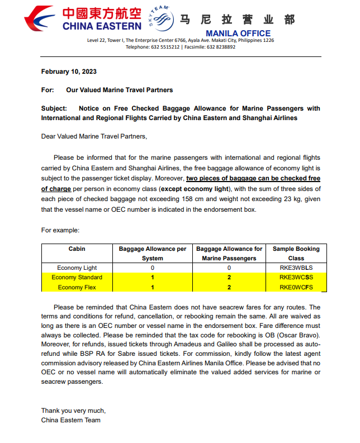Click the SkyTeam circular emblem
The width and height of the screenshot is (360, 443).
point(160,20)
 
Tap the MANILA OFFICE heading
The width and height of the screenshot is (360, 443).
point(238,34)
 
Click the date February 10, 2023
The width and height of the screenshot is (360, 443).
point(69,72)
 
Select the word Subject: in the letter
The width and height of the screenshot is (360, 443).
point(54,108)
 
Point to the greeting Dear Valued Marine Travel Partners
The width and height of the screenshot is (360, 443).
point(94,136)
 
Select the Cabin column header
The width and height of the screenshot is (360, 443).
point(77,249)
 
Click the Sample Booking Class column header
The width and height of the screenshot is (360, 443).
point(296,253)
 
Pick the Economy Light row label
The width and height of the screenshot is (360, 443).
point(77,268)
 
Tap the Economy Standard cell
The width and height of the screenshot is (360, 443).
point(77,277)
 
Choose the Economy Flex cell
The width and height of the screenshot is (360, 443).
point(77,287)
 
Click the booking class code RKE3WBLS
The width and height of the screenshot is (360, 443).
point(296,268)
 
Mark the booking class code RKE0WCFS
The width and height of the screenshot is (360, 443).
point(296,287)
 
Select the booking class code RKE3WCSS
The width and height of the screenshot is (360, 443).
point(296,277)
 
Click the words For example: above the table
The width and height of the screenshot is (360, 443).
point(60,230)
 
